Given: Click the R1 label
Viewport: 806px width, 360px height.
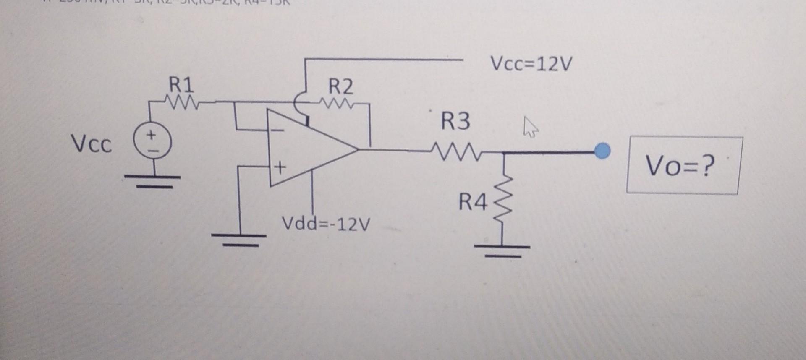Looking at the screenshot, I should [181, 85].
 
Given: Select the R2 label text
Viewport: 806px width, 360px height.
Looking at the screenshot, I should [340, 87].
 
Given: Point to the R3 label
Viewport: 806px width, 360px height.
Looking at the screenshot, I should [455, 121].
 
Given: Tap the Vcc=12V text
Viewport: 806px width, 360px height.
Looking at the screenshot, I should [531, 64].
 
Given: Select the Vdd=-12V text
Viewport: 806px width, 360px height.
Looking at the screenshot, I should [326, 224].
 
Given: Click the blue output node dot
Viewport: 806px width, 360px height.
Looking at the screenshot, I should [603, 151].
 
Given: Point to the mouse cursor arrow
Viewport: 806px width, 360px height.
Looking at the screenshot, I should [530, 127].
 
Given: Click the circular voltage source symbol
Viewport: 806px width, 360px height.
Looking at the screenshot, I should [152, 142].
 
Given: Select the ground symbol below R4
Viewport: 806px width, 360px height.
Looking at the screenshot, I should [502, 250].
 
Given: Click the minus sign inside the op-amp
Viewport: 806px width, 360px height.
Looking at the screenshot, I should [277, 130].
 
